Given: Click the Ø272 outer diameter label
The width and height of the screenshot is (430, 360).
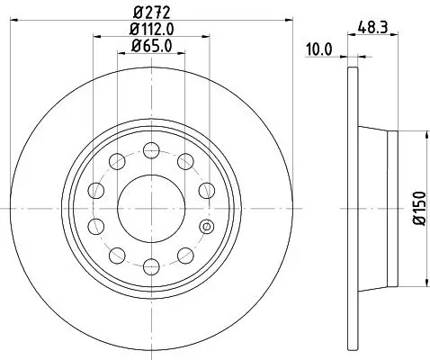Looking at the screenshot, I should [151, 13].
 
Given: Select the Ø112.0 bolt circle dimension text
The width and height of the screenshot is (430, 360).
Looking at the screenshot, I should [151, 30].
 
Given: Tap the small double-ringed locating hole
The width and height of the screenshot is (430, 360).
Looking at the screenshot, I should [207, 226].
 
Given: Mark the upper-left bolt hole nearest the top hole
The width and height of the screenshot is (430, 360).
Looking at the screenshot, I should [117, 161].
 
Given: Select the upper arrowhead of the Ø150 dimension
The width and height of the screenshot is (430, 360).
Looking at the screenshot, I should [420, 134].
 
